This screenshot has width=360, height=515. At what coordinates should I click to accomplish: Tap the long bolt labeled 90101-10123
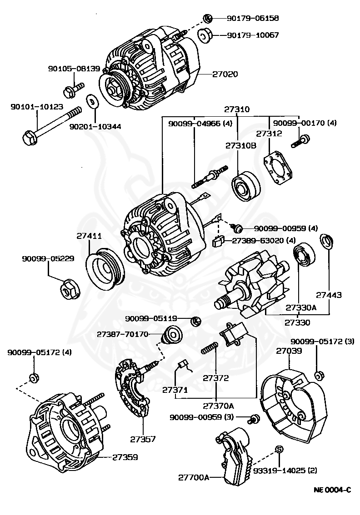tap(50, 126)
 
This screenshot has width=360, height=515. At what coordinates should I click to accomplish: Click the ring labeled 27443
tap(326, 242)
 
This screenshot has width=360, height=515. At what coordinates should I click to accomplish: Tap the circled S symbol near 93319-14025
tap(280, 449)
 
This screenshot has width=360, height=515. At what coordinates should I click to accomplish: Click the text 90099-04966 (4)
tap(200, 124)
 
